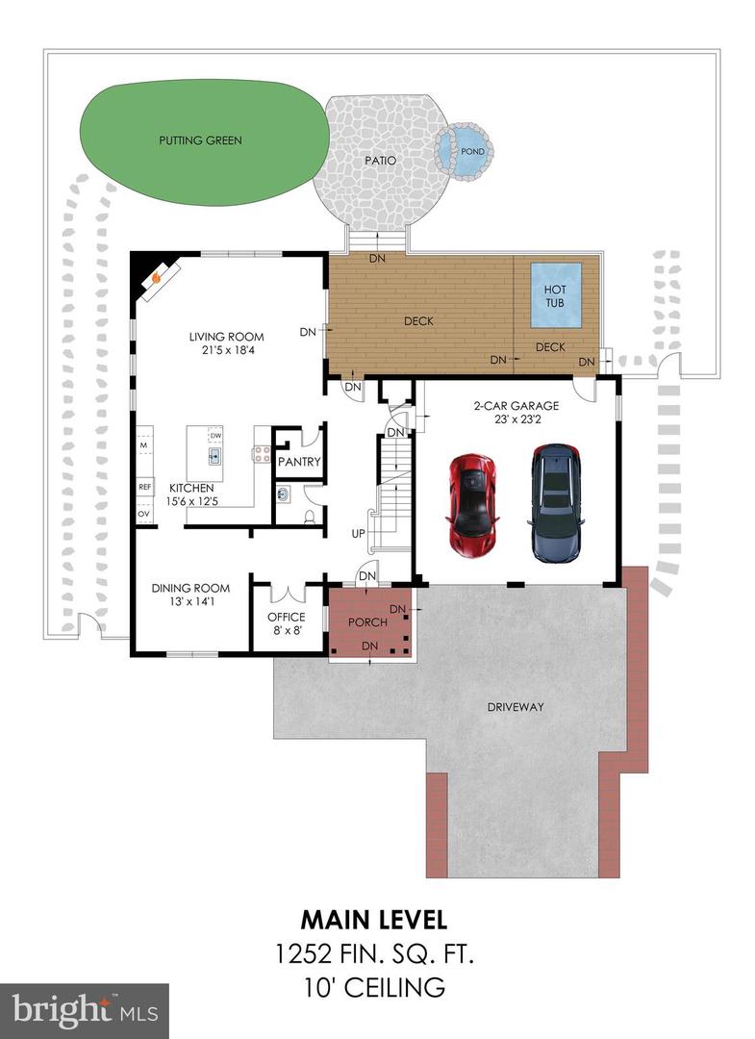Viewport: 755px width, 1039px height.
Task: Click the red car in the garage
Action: [x=472, y=503]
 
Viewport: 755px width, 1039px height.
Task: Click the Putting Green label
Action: [x=200, y=140]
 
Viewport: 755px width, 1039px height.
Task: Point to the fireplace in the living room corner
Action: [x=153, y=278]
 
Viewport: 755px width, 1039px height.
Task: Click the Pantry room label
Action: [x=298, y=463]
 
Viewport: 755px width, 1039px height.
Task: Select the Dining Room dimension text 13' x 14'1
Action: [x=190, y=603]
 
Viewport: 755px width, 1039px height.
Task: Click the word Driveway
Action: [x=515, y=707]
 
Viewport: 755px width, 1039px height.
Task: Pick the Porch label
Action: [x=367, y=622]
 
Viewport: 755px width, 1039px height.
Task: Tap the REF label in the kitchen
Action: [x=144, y=487]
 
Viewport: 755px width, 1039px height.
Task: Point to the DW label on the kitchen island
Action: [x=215, y=435]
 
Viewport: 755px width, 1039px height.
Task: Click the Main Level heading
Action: [x=373, y=920]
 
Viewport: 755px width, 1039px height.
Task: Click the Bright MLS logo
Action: [x=83, y=1009]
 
